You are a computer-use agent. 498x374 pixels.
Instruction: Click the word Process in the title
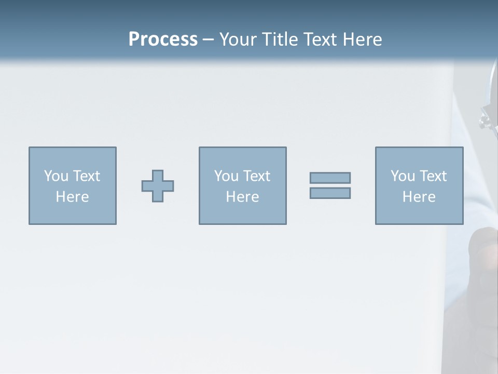click(x=163, y=39)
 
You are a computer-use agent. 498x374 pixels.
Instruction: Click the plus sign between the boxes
click(x=158, y=186)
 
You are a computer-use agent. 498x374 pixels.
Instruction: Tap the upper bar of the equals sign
click(x=330, y=178)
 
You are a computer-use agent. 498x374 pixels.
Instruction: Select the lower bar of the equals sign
click(x=330, y=193)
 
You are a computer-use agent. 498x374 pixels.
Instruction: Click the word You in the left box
click(x=56, y=176)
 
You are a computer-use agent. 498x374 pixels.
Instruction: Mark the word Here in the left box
click(x=72, y=197)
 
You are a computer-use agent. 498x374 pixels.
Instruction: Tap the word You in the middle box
click(x=226, y=176)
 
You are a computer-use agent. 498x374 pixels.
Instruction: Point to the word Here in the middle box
click(x=242, y=197)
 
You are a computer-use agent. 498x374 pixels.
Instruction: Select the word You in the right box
click(x=403, y=176)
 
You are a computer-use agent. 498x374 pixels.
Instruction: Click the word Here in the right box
click(x=419, y=197)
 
